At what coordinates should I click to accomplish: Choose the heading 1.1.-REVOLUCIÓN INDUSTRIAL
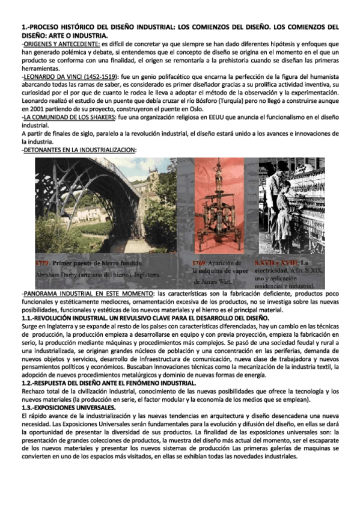64,317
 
